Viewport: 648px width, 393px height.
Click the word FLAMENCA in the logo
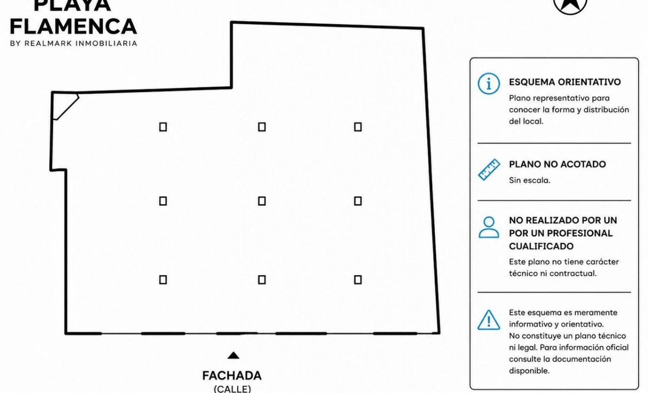[74, 27]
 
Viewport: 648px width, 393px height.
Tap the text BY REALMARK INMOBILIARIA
[74, 43]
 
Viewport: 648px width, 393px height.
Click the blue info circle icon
[488, 84]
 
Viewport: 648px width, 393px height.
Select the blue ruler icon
[489, 169]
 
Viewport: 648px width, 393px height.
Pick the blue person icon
[489, 227]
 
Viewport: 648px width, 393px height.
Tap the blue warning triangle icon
[488, 320]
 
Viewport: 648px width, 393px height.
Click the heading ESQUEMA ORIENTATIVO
[565, 82]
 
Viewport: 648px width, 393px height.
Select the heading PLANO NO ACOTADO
[557, 164]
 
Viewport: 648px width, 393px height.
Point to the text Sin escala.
[529, 180]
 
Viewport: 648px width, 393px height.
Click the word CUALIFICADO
[541, 246]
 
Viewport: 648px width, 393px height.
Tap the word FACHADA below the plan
[232, 376]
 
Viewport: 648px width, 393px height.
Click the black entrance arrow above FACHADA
[233, 355]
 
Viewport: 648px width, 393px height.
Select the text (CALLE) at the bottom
[232, 389]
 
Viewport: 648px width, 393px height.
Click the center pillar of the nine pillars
[262, 201]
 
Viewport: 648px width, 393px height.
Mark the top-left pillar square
[163, 127]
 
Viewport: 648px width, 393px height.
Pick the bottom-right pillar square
[358, 280]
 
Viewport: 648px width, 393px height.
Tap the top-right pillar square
[358, 127]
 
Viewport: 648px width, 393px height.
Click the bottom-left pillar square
[163, 280]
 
